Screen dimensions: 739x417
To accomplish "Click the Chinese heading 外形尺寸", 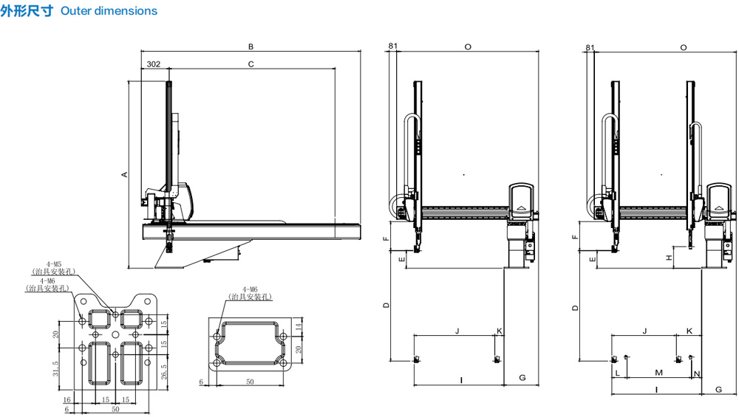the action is [27, 11].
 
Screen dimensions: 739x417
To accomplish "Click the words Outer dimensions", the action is [109, 11].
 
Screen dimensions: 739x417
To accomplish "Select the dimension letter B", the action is [251, 46].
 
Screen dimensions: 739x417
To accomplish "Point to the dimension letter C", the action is [251, 64].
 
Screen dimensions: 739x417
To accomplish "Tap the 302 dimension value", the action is [154, 64].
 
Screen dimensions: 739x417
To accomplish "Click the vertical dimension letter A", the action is [124, 175].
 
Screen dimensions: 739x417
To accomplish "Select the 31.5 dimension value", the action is [56, 368].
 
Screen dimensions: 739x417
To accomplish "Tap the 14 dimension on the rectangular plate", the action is [298, 326].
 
